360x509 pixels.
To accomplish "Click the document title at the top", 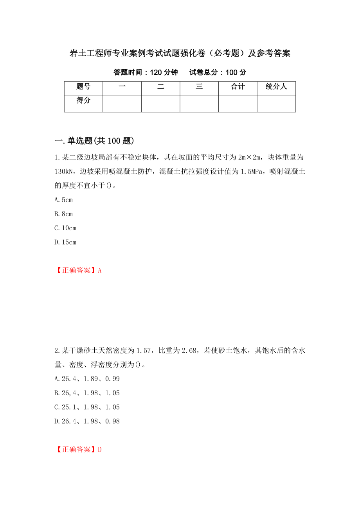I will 180,53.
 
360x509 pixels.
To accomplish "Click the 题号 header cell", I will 83,87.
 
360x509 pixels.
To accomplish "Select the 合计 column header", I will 238,87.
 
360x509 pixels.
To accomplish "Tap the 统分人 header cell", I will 276,87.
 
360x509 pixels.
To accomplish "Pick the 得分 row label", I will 83,100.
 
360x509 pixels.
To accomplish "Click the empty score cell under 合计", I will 238,104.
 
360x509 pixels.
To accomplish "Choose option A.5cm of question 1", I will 64,200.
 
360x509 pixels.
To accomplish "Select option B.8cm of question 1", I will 64,214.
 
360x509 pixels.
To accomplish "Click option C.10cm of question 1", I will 65,228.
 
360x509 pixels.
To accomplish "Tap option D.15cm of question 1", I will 65,242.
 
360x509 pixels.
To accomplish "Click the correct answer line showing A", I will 78,270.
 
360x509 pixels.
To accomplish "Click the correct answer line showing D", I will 78,449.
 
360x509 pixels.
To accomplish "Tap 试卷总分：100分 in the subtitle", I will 218,72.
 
